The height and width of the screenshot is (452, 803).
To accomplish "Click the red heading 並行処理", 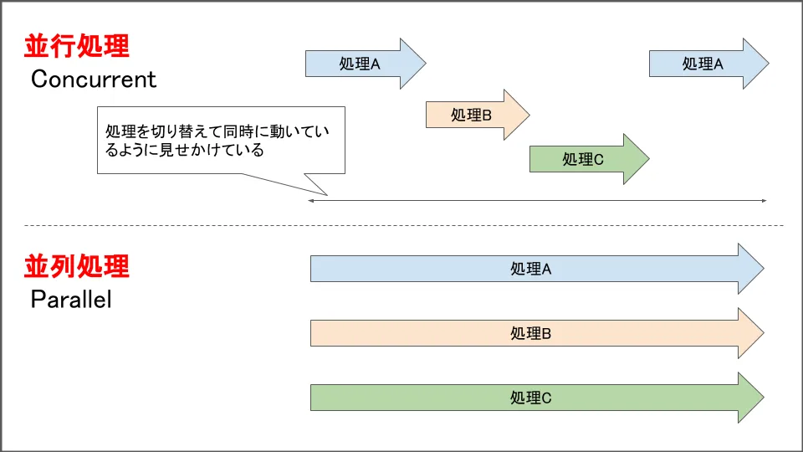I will click(x=77, y=45).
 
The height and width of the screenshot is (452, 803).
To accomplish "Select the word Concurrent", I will click(x=94, y=80).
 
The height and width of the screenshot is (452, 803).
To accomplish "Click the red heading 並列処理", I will click(x=77, y=266).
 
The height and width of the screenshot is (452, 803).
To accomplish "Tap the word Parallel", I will click(x=71, y=300).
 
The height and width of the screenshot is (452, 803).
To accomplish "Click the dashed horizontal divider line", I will click(x=401, y=225).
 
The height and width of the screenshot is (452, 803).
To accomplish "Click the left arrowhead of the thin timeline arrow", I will click(x=311, y=201).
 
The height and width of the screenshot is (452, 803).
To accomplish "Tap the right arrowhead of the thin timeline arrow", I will click(x=764, y=201).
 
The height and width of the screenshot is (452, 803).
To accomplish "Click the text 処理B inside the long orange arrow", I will click(x=531, y=333).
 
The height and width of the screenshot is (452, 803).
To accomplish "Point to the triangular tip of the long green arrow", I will click(x=753, y=398).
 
